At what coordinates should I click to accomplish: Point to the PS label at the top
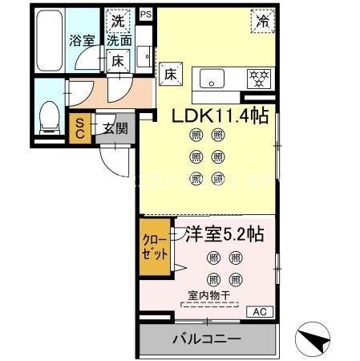pyautogui.click(x=145, y=14)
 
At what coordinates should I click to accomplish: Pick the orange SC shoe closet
pyautogui.click(x=81, y=129)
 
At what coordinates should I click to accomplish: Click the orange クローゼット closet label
pyautogui.click(x=156, y=247)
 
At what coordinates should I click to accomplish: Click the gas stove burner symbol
pyautogui.click(x=258, y=78)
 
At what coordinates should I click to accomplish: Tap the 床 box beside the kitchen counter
pyautogui.click(x=171, y=74)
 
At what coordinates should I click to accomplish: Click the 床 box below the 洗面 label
pyautogui.click(x=117, y=60)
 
